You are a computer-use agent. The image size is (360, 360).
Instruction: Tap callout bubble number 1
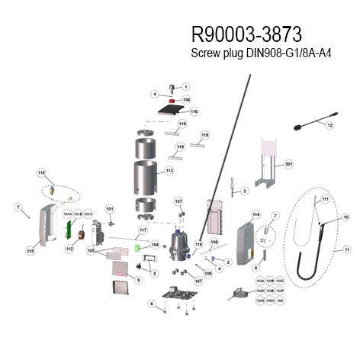(185, 87)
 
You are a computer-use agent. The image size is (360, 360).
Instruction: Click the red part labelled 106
(174, 100)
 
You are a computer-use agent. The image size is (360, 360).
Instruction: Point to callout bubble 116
(194, 111)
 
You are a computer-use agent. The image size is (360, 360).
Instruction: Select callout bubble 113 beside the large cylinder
(169, 171)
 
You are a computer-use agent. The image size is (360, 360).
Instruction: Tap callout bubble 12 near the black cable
(330, 124)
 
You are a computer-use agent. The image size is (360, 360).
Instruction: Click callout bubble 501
(288, 164)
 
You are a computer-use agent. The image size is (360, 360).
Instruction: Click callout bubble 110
(41, 173)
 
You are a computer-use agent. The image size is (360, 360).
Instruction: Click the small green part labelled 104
(137, 247)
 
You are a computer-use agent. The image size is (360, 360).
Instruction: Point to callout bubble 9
(138, 280)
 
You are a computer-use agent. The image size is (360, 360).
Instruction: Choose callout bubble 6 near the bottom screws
(151, 304)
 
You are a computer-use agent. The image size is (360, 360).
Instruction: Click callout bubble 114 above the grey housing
(256, 214)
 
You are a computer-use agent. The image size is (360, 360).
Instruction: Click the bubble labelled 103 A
(67, 214)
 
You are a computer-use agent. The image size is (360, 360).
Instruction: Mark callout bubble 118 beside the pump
(198, 245)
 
